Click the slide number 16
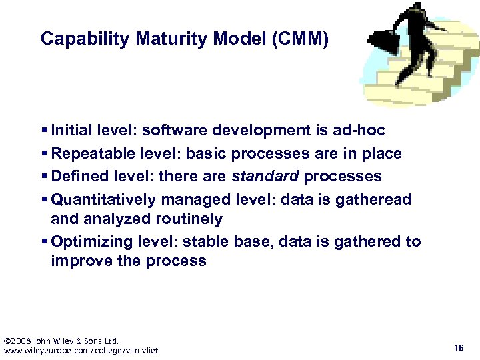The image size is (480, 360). tap(459, 348)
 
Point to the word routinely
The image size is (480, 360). tap(189, 219)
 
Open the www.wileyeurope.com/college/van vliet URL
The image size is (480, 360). tap(81, 351)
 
